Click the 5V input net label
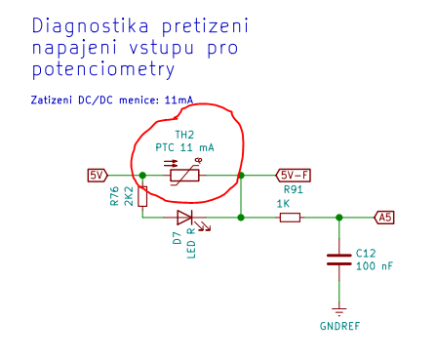pyautogui.click(x=98, y=176)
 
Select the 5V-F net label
pyautogui.click(x=293, y=176)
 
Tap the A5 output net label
pyautogui.click(x=384, y=218)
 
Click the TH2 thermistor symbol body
pyautogui.click(x=184, y=176)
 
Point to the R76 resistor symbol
pyautogui.click(x=142, y=196)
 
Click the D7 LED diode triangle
pyautogui.click(x=184, y=218)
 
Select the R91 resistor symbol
pyautogui.click(x=290, y=218)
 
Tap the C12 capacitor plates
pyautogui.click(x=339, y=260)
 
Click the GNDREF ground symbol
pyautogui.click(x=339, y=311)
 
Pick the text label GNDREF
pyautogui.click(x=339, y=326)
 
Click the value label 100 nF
pyautogui.click(x=375, y=266)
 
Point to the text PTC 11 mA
pyautogui.click(x=184, y=147)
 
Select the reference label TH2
pyautogui.click(x=184, y=135)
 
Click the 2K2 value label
pyautogui.click(x=129, y=196)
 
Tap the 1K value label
pyautogui.click(x=283, y=204)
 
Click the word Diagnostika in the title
pyautogui.click(x=91, y=26)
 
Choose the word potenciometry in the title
pyautogui.click(x=103, y=69)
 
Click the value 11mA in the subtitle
pyautogui.click(x=178, y=100)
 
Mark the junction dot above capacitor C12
pyautogui.click(x=339, y=218)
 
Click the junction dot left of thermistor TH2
pyautogui.click(x=142, y=176)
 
